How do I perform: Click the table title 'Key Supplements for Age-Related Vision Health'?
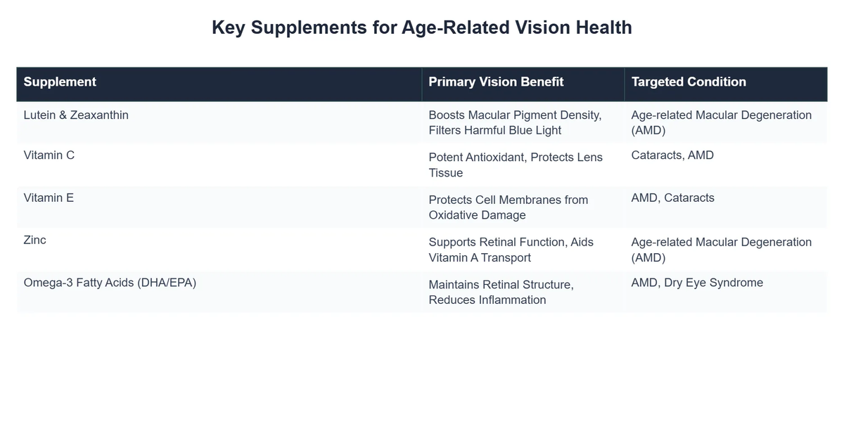(x=421, y=27)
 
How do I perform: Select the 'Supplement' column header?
(x=60, y=82)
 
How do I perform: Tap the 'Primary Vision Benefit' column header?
(x=496, y=82)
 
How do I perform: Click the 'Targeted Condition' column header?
(x=689, y=82)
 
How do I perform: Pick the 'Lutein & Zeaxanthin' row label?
(x=76, y=115)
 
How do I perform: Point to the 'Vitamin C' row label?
(x=49, y=155)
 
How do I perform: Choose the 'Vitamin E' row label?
(x=49, y=198)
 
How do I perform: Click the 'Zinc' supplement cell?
(x=34, y=240)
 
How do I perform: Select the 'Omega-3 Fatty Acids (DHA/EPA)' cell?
(x=110, y=283)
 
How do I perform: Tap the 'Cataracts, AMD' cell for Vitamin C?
(x=672, y=155)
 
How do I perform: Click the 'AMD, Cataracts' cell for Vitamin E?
(x=672, y=198)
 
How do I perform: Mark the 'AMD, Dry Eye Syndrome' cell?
(x=697, y=283)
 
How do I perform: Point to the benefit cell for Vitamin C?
(x=516, y=165)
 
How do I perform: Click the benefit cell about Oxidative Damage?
(x=509, y=207)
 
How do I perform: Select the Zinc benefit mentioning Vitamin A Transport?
(x=511, y=250)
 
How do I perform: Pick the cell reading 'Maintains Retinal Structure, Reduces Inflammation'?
(x=501, y=292)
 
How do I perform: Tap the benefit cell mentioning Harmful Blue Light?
(x=515, y=122)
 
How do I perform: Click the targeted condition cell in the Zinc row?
(x=721, y=250)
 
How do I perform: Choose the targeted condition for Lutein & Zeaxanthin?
(x=721, y=122)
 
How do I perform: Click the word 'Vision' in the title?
(x=542, y=27)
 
